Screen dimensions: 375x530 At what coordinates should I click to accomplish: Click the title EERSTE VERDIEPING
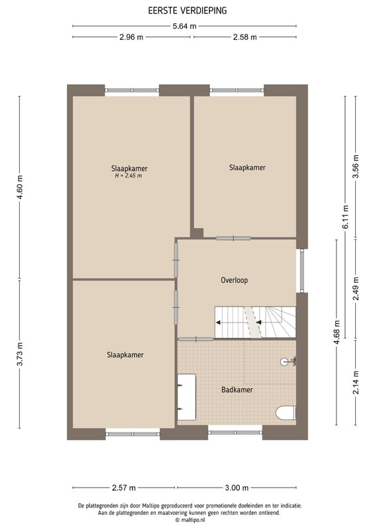187,11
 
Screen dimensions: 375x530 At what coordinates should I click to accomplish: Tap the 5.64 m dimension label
185,26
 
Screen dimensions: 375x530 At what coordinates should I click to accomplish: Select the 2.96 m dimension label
131,37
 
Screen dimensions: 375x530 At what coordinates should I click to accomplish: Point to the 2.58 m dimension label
245,37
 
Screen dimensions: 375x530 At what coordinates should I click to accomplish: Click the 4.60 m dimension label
20,187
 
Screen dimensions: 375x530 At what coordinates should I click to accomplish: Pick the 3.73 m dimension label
20,354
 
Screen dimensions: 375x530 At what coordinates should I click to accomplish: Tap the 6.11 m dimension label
345,217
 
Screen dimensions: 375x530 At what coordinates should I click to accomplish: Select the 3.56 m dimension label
356,167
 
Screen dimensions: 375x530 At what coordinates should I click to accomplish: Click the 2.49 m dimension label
356,288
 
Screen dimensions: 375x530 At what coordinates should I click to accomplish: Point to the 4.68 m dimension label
337,333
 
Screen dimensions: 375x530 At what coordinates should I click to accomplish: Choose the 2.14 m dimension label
356,382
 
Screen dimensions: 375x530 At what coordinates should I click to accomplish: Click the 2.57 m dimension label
124,488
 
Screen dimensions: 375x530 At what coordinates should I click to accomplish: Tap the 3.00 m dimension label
237,488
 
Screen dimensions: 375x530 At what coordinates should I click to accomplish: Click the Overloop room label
235,280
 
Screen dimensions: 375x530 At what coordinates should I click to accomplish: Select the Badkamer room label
237,390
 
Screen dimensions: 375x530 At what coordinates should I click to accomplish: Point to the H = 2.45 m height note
129,176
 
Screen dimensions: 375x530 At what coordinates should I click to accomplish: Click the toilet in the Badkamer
286,413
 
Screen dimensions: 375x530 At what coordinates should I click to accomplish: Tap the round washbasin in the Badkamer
286,362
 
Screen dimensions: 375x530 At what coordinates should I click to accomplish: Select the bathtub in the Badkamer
187,397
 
